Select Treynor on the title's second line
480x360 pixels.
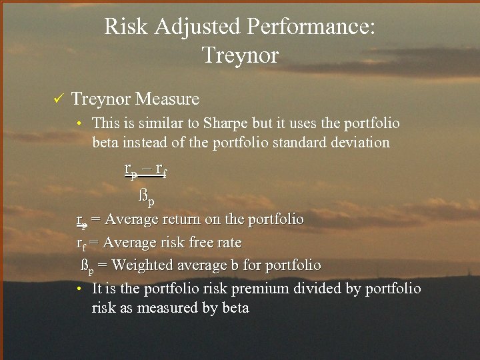click(240, 55)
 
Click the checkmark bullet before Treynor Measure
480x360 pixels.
click(57, 100)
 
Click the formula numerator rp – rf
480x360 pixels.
click(145, 170)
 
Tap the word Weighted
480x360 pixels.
click(139, 265)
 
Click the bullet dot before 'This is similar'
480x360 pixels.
click(79, 124)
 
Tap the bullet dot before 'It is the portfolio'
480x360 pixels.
click(79, 289)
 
